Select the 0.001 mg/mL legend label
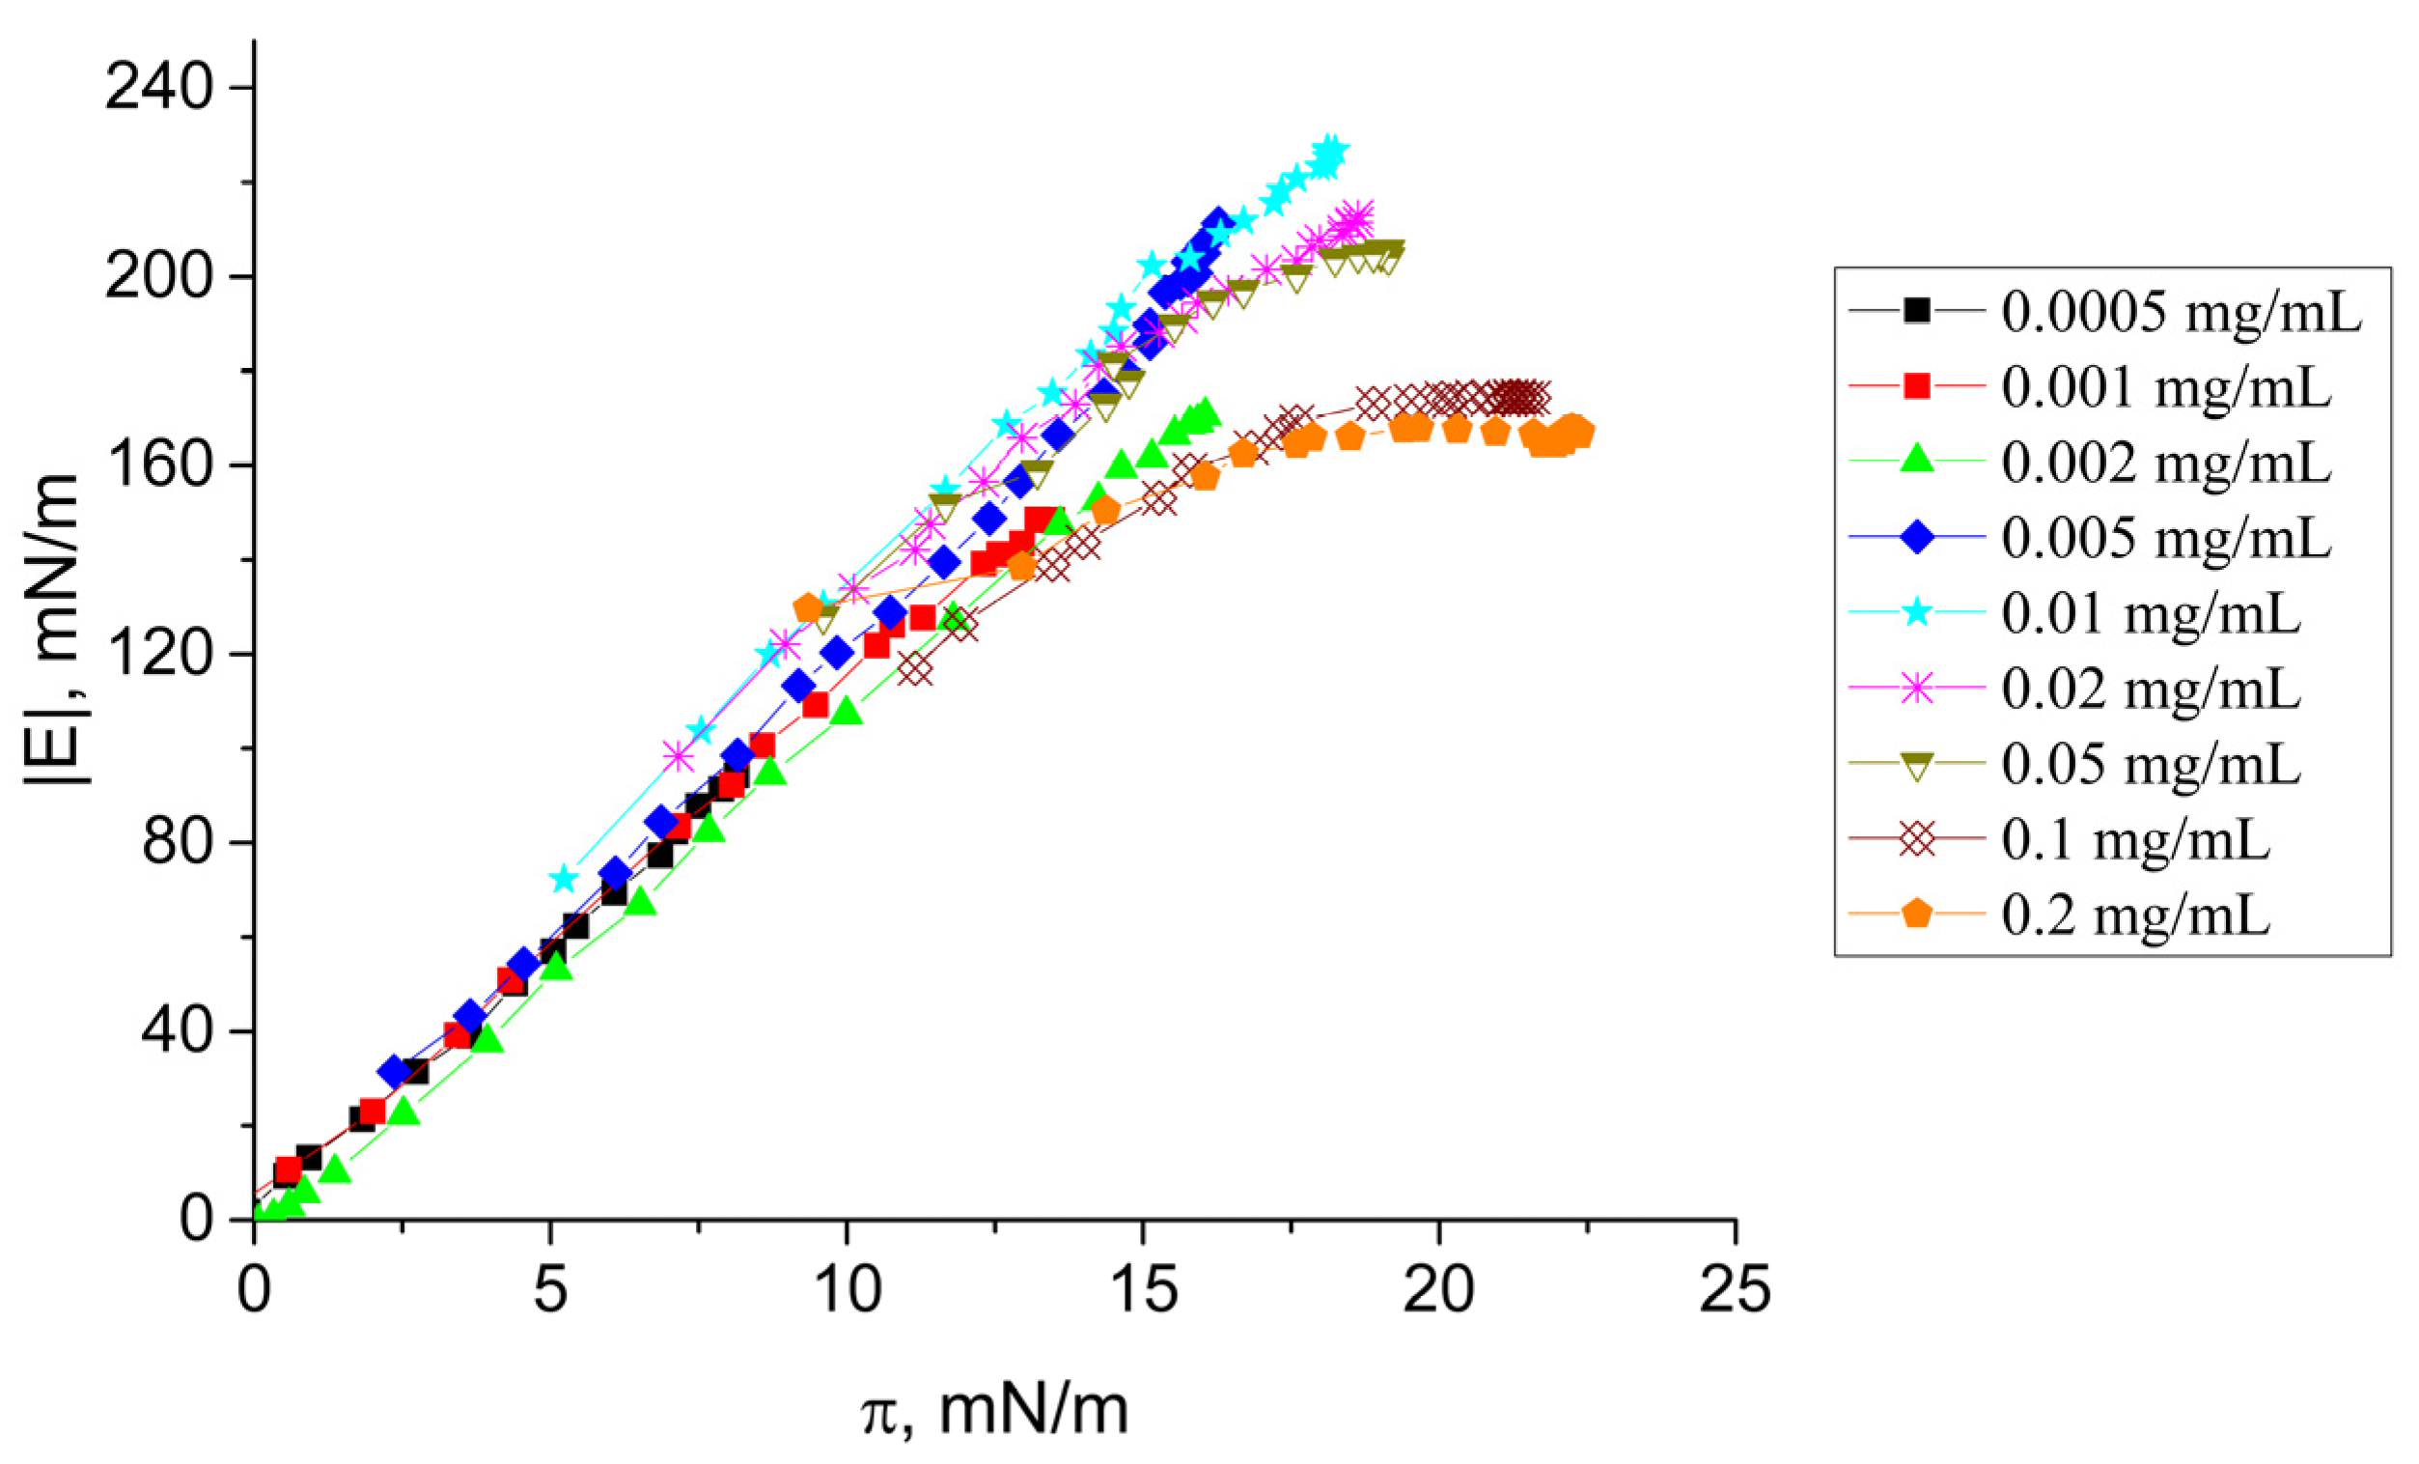2165,388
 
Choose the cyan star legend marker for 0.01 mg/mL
1915,613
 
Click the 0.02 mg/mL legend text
2150,690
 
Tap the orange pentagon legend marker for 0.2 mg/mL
1915,915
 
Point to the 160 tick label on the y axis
159,465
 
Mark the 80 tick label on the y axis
177,842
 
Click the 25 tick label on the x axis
1735,1289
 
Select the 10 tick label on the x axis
847,1289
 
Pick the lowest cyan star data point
563,879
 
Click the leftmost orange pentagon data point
809,607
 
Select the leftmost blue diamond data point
395,1072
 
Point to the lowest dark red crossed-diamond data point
915,670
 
